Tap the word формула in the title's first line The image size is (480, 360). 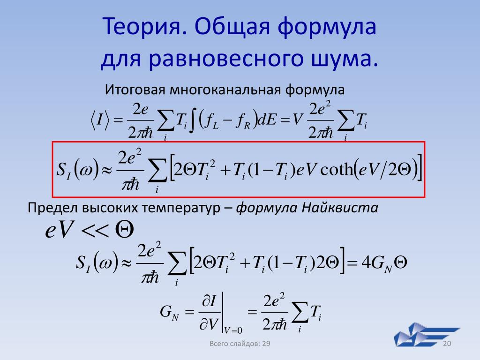pyautogui.click(x=327, y=27)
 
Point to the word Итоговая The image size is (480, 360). pyautogui.click(x=135, y=90)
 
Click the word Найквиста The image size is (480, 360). pyautogui.click(x=340, y=208)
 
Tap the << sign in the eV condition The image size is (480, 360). pyautogui.click(x=95, y=231)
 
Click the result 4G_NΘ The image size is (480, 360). pyautogui.click(x=384, y=262)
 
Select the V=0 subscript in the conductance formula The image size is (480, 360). pyautogui.click(x=233, y=330)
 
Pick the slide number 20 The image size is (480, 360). pyautogui.click(x=447, y=344)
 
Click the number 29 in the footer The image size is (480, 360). pyautogui.click(x=266, y=344)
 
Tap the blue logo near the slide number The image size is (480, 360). pyautogui.click(x=427, y=334)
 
